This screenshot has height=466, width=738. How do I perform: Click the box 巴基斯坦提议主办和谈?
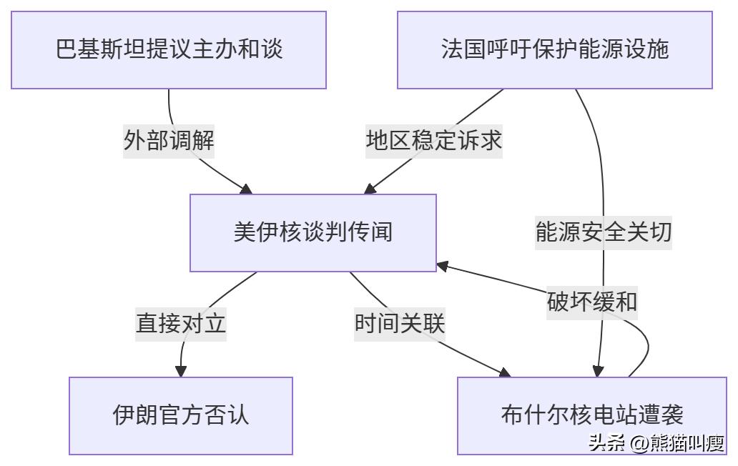169,50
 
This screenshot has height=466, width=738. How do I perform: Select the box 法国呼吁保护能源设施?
555,50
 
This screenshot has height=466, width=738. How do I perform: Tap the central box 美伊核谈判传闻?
313,233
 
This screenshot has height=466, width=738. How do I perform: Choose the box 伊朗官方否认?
181,415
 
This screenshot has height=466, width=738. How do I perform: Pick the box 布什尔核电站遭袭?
592,415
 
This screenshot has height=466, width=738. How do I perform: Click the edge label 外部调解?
169,140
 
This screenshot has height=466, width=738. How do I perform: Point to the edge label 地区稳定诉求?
434,140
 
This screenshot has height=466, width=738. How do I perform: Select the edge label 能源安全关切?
604,232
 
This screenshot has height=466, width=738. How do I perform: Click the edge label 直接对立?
181,324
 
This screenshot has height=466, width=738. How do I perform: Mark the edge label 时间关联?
400,324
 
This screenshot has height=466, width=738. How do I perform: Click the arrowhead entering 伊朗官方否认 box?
181,371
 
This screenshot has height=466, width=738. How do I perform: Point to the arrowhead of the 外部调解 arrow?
247,189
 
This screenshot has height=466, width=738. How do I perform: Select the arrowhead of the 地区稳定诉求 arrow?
370,189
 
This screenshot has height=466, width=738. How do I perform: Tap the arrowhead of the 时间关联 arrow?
505,372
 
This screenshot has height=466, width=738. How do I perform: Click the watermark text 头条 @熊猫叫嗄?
656,444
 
